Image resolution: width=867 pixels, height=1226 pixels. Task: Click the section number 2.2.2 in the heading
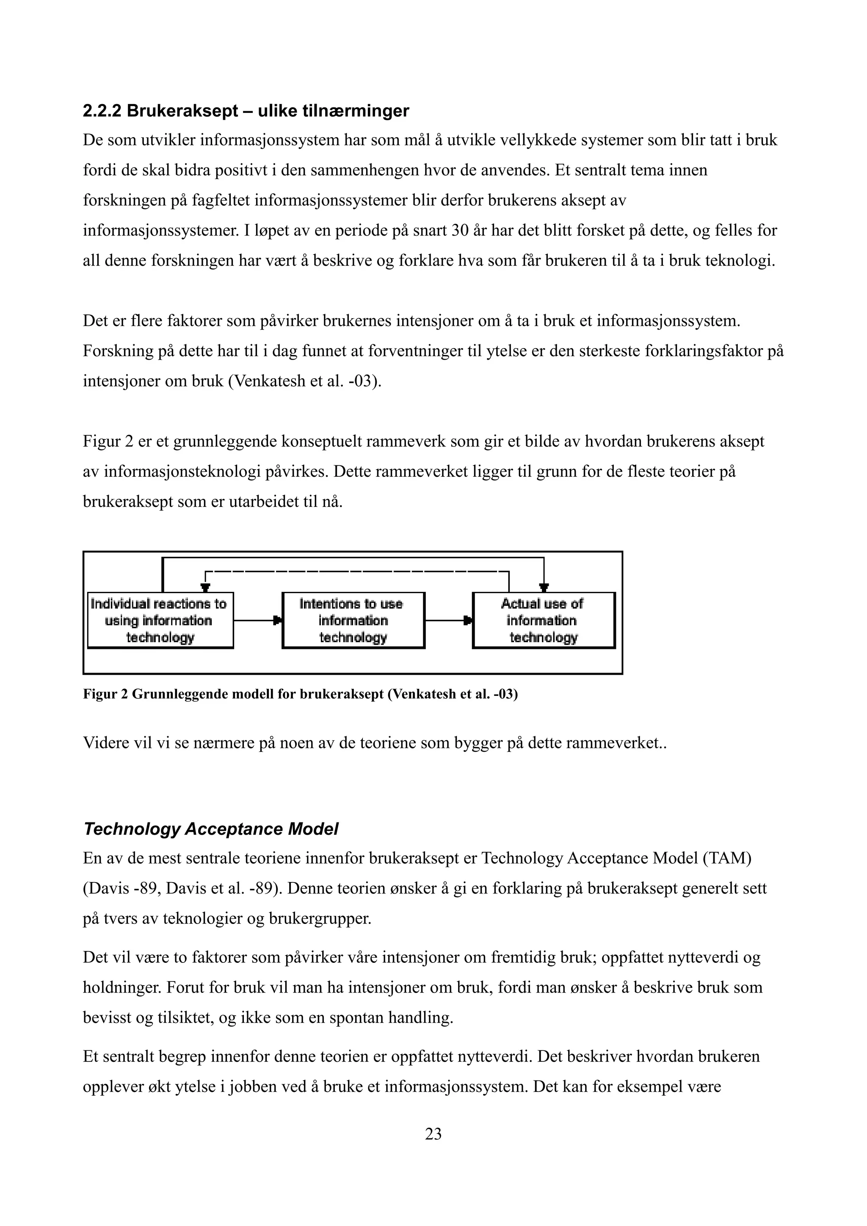coord(102,111)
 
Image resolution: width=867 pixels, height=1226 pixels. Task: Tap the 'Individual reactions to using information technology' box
coord(160,621)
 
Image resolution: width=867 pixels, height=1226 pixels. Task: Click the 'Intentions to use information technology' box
coord(353,621)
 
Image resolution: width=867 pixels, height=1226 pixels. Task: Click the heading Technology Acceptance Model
coord(211,829)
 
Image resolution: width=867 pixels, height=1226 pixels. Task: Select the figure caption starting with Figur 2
coord(300,694)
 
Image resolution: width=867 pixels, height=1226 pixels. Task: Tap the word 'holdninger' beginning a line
coord(121,987)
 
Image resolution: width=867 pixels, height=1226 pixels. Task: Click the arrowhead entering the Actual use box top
coord(544,588)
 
